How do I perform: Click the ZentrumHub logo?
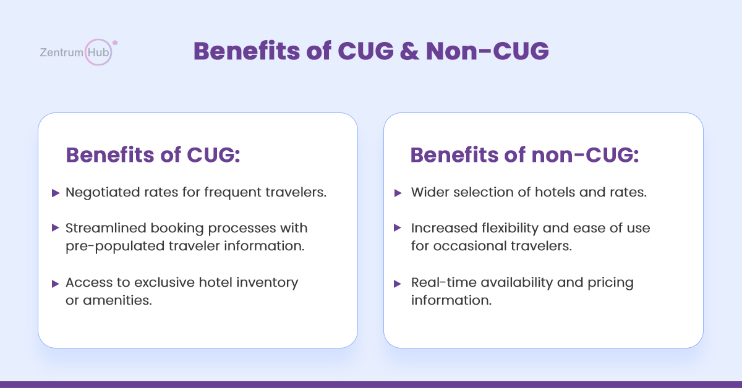point(79,52)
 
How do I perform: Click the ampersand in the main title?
point(409,51)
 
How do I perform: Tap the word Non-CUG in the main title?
point(487,51)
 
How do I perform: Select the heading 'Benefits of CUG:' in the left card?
point(153,154)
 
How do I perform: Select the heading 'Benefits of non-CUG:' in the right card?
point(524,154)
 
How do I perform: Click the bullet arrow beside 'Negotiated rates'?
point(56,193)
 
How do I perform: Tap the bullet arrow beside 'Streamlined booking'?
point(56,228)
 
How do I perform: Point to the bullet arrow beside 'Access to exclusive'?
point(56,284)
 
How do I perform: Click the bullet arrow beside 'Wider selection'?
point(398,193)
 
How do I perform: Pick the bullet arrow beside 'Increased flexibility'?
point(398,228)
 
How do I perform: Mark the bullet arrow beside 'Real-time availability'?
point(398,284)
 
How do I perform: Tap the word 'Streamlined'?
point(106,228)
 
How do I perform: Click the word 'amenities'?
point(117,301)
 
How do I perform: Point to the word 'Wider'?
point(430,192)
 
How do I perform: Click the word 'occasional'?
point(470,247)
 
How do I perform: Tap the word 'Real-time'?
point(444,282)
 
